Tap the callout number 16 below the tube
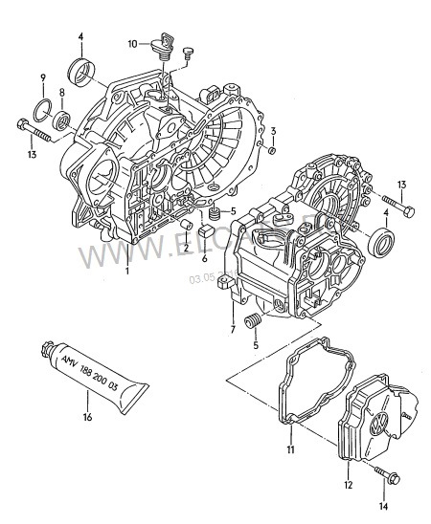click(x=87, y=417)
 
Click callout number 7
click(x=231, y=330)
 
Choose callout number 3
click(x=273, y=131)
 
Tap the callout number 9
click(x=42, y=76)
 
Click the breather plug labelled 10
click(x=164, y=45)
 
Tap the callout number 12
click(x=349, y=485)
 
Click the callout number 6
click(x=204, y=257)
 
